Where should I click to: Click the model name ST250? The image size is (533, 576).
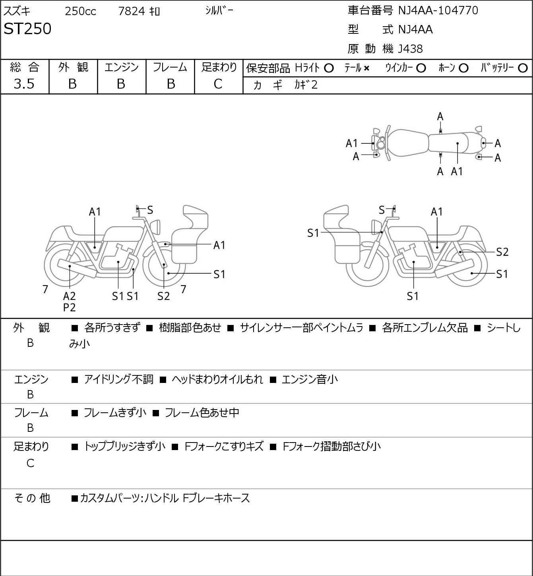(27, 29)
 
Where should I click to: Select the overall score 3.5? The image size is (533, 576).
(24, 84)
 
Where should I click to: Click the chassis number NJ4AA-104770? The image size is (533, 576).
(438, 11)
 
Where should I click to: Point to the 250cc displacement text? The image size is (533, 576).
(80, 11)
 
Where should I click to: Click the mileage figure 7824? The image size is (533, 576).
(132, 11)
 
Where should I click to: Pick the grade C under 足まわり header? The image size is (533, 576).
(218, 84)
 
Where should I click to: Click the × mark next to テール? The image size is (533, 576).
(366, 68)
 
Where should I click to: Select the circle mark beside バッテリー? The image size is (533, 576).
(523, 68)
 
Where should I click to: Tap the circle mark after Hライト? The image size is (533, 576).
(329, 68)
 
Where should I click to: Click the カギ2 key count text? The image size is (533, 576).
(306, 85)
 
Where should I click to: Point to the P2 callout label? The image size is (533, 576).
(70, 307)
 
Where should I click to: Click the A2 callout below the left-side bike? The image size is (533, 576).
(70, 296)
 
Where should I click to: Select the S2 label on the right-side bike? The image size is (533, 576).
(502, 252)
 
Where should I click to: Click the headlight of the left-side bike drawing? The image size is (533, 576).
(155, 227)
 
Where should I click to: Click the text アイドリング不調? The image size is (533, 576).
(118, 379)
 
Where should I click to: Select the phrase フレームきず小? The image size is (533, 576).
(115, 412)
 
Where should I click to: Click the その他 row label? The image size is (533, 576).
(32, 498)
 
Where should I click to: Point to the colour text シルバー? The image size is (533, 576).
(219, 11)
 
